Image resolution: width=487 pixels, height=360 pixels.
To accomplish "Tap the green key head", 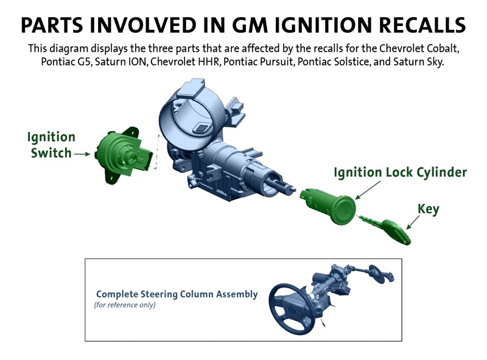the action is pos(397,231).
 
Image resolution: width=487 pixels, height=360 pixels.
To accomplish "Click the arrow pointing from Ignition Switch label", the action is pos(82,154).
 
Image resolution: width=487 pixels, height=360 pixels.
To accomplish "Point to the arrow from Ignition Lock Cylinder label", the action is pos(368,189).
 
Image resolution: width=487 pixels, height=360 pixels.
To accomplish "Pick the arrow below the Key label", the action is pos(413,222).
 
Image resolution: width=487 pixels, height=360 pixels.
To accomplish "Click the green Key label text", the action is pos(429,209).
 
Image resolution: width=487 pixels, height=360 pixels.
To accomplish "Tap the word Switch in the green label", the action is pos(51,153).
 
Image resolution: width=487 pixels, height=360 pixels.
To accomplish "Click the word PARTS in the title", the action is pos(52,25).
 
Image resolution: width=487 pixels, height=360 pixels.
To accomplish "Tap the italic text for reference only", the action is pos(125,305).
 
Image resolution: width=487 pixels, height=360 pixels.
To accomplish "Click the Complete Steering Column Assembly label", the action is pos(177,294).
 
